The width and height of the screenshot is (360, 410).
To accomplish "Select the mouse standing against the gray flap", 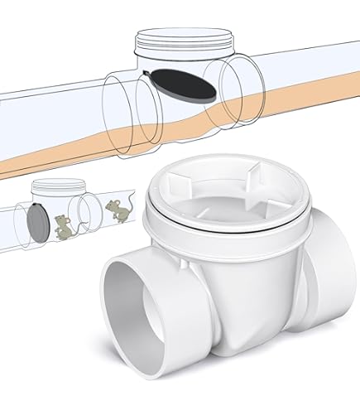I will tap(61, 224).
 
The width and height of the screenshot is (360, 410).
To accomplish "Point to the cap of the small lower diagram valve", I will tap(49, 188).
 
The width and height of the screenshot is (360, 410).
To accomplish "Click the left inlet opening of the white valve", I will tap(137, 311).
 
